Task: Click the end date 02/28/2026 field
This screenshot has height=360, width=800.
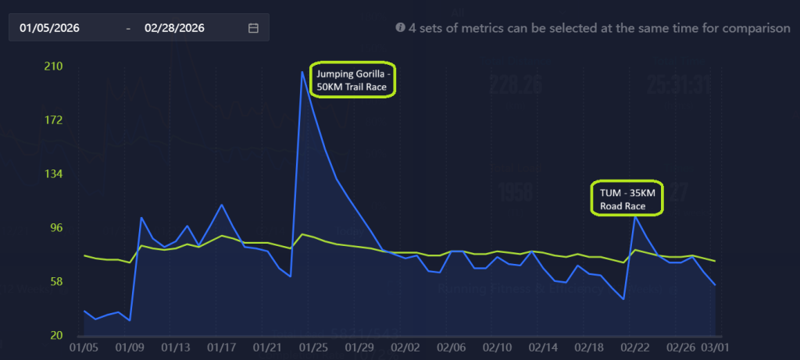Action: click(x=174, y=28)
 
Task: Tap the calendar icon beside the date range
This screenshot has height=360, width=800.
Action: click(x=253, y=28)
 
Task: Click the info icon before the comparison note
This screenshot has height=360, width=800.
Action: click(x=400, y=27)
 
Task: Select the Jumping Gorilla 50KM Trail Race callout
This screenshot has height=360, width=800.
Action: click(x=353, y=80)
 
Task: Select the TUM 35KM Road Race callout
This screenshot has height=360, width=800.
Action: click(x=627, y=199)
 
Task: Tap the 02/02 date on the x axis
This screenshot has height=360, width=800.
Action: click(x=405, y=346)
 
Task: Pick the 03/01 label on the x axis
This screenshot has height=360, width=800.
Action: click(x=715, y=346)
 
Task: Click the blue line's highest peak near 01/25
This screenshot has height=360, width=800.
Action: click(x=302, y=72)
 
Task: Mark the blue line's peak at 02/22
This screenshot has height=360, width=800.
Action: click(x=634, y=216)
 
